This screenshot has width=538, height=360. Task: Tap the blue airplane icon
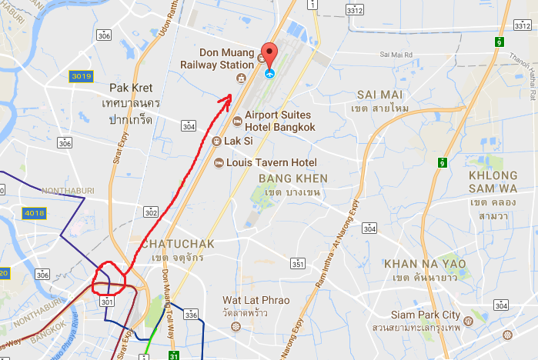click(269, 75)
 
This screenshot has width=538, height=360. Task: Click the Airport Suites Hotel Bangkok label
click(280, 120)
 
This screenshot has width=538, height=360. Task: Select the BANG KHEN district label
click(289, 178)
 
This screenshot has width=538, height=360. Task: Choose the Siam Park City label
click(425, 315)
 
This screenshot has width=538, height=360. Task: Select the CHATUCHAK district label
click(172, 244)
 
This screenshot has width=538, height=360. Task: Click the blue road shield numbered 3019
click(81, 76)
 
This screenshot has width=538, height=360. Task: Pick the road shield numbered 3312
click(355, 10)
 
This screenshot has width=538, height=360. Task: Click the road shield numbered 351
click(298, 265)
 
